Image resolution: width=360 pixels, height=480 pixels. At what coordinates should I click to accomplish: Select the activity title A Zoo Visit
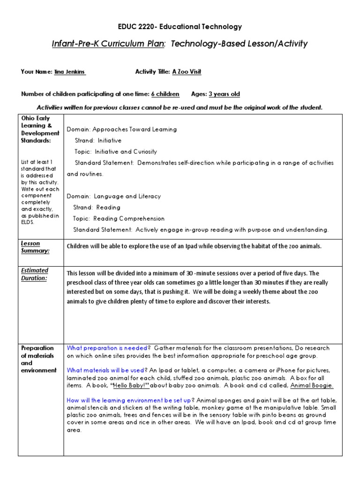coord(187,72)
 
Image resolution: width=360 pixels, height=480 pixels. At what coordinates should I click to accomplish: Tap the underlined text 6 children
coord(165,94)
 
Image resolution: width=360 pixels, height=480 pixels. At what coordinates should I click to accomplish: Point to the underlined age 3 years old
coord(224,94)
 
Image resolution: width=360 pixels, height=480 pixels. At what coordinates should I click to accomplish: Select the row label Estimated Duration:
coord(34,274)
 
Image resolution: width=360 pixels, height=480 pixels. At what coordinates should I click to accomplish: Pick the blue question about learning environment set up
coord(129,400)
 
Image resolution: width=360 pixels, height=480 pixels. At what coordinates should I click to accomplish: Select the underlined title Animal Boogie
coord(312,385)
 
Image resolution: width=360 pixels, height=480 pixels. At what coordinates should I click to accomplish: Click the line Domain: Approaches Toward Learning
coord(122,129)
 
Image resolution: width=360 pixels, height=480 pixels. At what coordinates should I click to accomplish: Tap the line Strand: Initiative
coord(98,141)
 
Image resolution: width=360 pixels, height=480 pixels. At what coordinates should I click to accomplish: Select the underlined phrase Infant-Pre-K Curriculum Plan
coord(108,44)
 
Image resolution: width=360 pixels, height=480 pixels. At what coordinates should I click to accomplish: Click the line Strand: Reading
coord(97,207)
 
